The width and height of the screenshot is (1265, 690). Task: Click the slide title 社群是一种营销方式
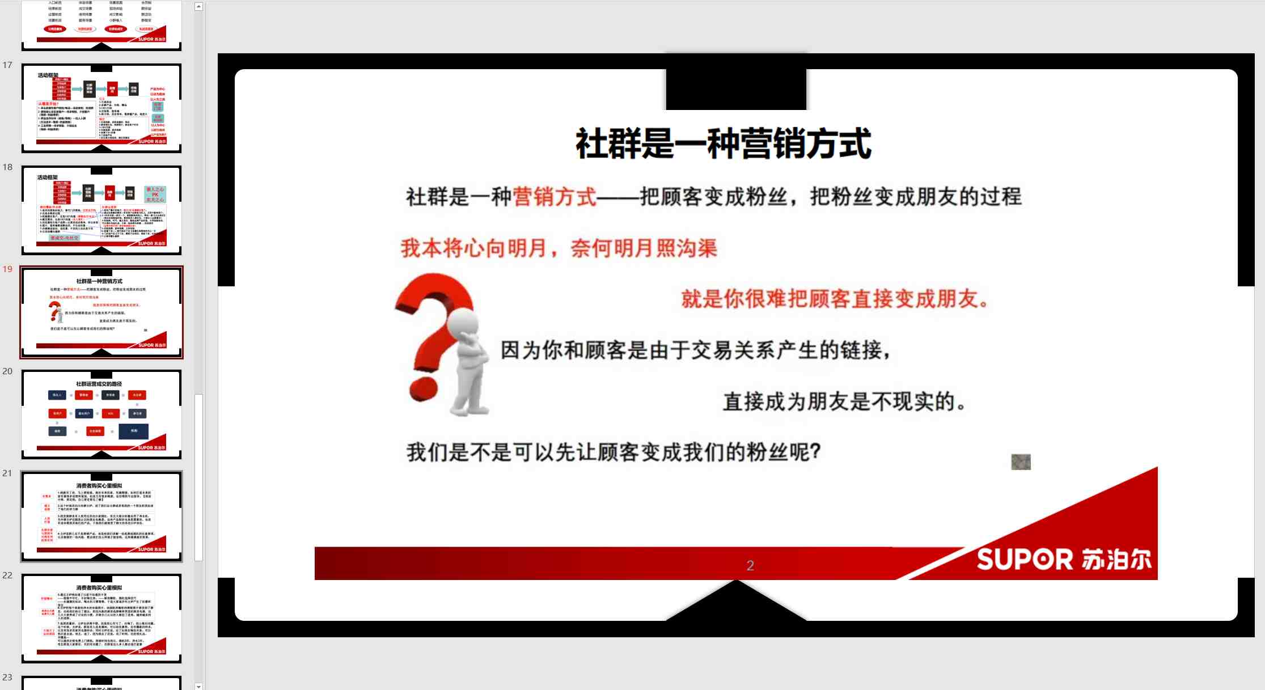pyautogui.click(x=724, y=144)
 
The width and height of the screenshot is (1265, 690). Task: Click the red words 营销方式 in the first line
pyautogui.click(x=555, y=197)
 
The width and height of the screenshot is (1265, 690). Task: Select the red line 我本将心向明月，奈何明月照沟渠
pyautogui.click(x=559, y=248)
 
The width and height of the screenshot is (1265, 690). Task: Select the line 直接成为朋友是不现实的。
pyautogui.click(x=844, y=401)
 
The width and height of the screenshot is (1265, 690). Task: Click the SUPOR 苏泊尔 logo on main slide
pyautogui.click(x=1064, y=560)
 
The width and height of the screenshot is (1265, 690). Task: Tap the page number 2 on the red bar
pyautogui.click(x=750, y=565)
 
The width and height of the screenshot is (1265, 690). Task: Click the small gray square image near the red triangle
pyautogui.click(x=1021, y=462)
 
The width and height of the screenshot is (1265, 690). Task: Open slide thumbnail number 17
pyautogui.click(x=101, y=108)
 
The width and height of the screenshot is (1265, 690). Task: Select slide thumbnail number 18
pyautogui.click(x=101, y=210)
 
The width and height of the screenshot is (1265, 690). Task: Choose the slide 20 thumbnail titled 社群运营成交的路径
pyautogui.click(x=101, y=414)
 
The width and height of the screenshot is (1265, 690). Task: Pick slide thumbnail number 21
pyautogui.click(x=101, y=516)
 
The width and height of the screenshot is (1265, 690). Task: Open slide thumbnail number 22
pyautogui.click(x=101, y=618)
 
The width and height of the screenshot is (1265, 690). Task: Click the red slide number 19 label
pyautogui.click(x=7, y=269)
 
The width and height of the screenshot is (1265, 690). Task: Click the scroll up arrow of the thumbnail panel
pyautogui.click(x=198, y=7)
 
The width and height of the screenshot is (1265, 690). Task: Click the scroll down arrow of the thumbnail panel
pyautogui.click(x=198, y=686)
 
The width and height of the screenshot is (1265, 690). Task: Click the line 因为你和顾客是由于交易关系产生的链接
pyautogui.click(x=695, y=350)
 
